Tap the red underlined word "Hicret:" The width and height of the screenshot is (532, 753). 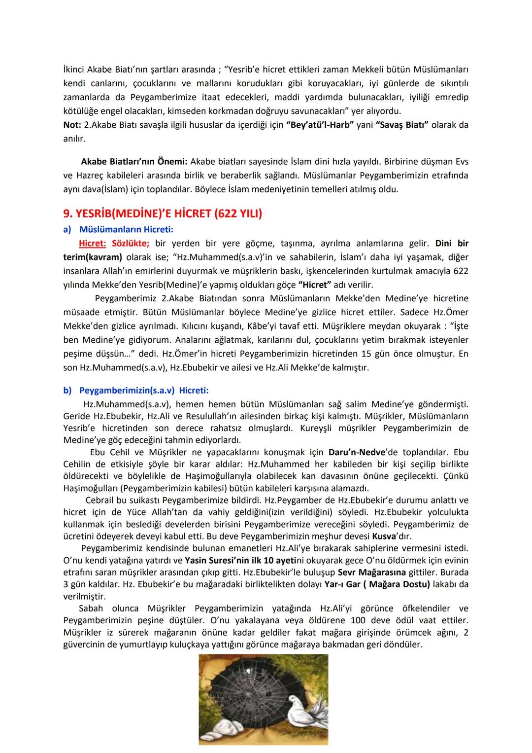tap(92, 243)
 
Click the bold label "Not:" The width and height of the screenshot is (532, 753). tap(72, 125)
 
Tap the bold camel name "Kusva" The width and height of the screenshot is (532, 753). tap(384, 536)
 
